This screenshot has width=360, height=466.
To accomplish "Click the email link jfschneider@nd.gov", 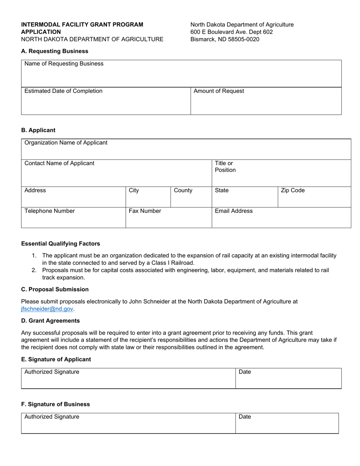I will (x=47, y=309).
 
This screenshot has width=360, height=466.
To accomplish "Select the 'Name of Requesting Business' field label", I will (x=64, y=64).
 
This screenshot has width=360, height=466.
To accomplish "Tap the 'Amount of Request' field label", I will (x=219, y=91).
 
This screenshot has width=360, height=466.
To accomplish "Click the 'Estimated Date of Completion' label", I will (x=63, y=91).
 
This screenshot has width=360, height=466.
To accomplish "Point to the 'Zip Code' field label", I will (x=293, y=190).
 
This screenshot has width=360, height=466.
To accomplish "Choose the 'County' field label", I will (x=183, y=190).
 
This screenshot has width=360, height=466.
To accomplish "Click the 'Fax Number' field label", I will (x=145, y=211).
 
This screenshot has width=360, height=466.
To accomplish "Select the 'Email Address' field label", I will (x=233, y=211).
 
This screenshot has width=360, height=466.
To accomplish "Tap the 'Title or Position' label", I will (x=225, y=167).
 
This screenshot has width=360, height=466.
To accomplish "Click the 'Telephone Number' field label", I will (x=49, y=211).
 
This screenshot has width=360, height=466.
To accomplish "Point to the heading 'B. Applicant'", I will (x=38, y=130).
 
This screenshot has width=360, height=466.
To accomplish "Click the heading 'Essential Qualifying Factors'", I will (x=61, y=244).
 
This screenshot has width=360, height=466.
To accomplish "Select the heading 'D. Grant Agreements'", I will (x=50, y=321).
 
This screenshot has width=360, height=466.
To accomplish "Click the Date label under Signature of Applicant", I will (x=245, y=372).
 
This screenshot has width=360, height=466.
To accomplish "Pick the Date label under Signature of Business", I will (x=245, y=417).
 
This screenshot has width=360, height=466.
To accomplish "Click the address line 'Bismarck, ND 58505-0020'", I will (x=225, y=39).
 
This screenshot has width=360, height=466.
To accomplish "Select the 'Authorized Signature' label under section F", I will (x=52, y=417).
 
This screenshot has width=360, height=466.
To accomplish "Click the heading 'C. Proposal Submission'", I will (x=55, y=289).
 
